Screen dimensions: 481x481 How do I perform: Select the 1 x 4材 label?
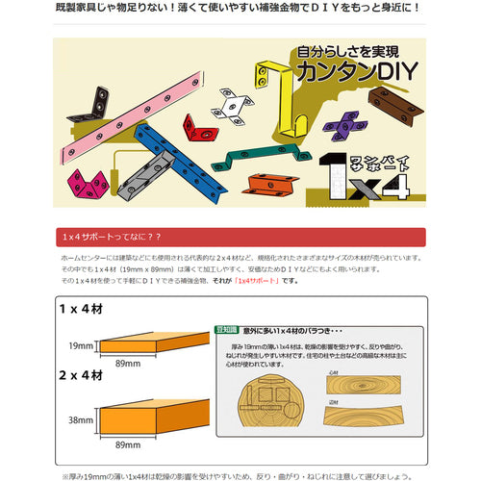click(x=80, y=312)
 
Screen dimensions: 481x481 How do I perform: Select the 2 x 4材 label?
click(x=80, y=376)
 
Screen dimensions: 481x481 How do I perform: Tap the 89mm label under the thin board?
click(x=128, y=366)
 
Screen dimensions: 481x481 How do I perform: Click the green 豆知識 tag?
click(x=227, y=330)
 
